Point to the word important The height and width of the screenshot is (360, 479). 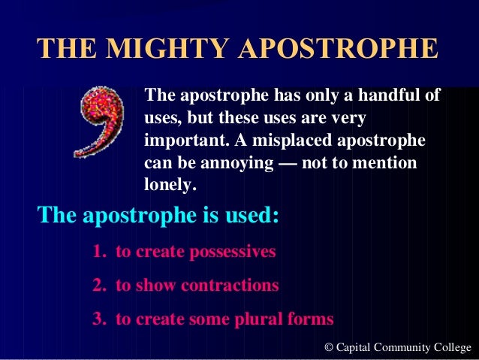(x=180, y=141)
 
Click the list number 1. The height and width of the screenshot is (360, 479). (x=98, y=252)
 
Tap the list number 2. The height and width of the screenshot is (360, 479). (x=98, y=286)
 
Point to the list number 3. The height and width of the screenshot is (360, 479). (x=98, y=319)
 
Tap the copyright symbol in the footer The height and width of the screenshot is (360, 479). (x=328, y=347)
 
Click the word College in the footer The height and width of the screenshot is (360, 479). (x=452, y=347)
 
